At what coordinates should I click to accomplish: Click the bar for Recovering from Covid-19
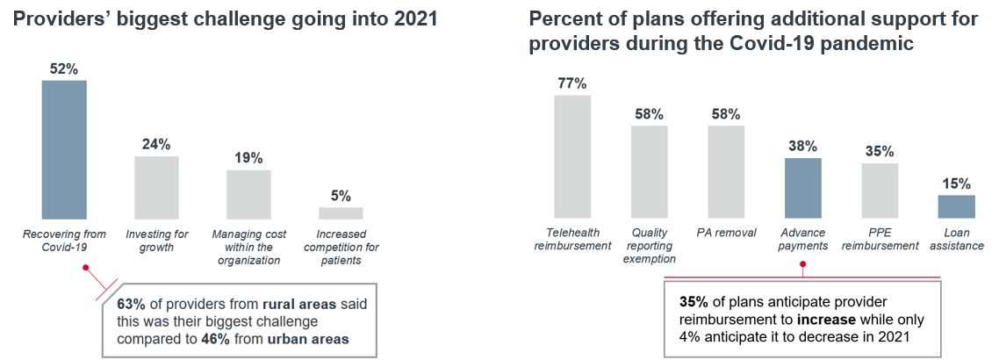[64, 149]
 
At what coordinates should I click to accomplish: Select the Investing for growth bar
[156, 187]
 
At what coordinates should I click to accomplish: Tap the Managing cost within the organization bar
[248, 194]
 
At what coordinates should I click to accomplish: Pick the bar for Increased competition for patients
[341, 212]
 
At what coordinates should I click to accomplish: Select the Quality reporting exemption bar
[649, 171]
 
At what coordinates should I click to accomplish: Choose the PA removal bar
[726, 171]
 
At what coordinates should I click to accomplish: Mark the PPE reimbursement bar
[880, 191]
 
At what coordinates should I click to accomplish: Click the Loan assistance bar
[956, 206]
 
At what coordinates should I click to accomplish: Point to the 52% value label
[64, 68]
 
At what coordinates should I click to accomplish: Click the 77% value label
[572, 83]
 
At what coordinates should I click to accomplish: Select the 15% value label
[956, 184]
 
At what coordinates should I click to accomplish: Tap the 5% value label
[341, 196]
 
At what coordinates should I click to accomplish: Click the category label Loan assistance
[957, 240]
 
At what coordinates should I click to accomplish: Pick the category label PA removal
[726, 234]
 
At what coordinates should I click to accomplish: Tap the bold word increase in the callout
[844, 319]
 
